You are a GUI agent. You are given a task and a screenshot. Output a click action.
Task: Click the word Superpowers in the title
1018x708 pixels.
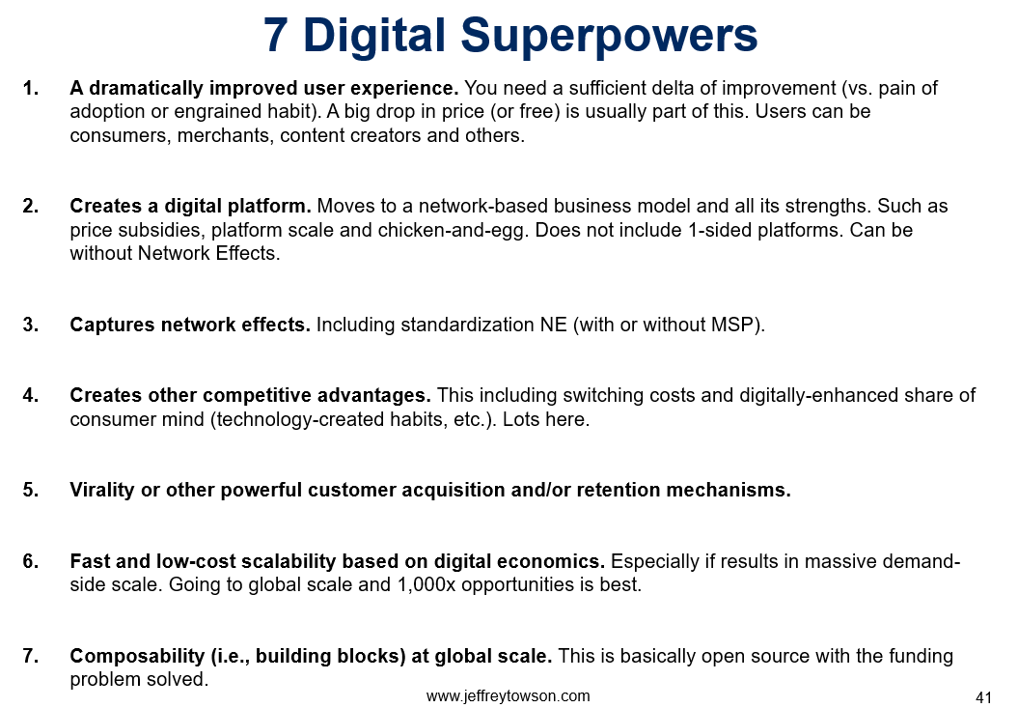point(609,37)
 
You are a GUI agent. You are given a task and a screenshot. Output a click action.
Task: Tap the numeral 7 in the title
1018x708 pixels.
point(276,35)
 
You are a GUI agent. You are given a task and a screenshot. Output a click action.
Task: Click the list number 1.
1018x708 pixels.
point(31,88)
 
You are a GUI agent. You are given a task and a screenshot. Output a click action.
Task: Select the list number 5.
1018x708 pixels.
point(31,490)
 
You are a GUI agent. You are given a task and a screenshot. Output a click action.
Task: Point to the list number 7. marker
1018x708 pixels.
point(31,655)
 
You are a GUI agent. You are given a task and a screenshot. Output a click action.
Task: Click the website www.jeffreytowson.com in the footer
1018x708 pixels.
point(508,695)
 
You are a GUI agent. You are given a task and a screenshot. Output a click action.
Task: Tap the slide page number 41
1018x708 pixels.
point(983,697)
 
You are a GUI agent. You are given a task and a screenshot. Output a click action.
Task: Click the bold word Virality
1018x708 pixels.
point(102,491)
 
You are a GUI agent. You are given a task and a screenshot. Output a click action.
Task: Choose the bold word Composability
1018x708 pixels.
point(138,656)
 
